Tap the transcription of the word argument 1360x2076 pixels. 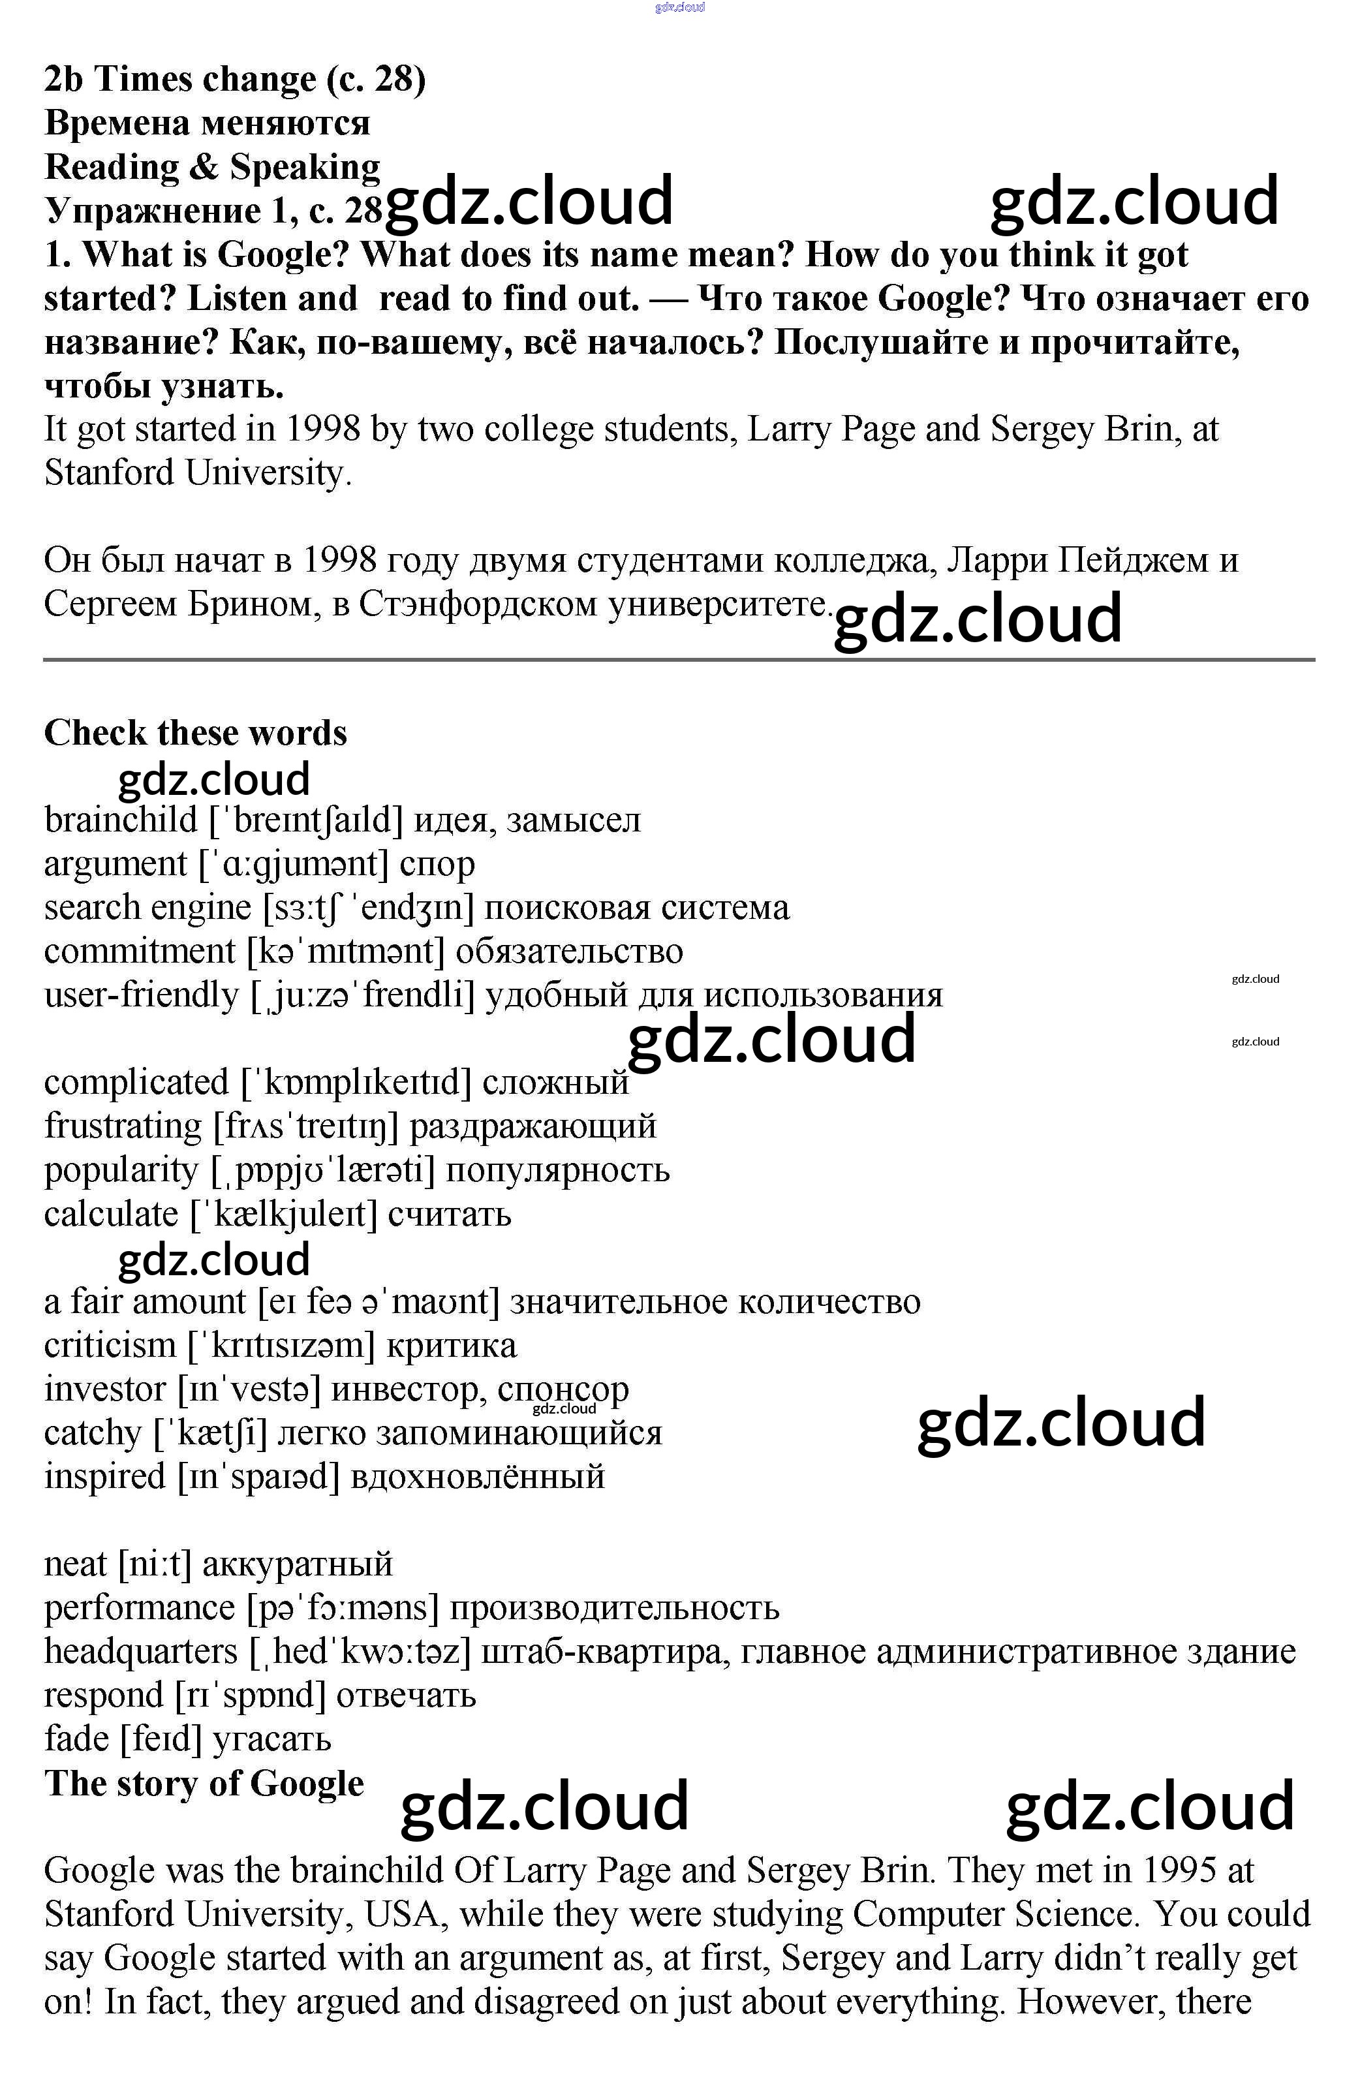[x=293, y=863]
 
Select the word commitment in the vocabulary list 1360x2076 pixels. [x=140, y=951]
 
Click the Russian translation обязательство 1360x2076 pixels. [x=569, y=951]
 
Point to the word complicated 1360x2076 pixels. [x=136, y=1083]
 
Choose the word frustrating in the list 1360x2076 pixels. [x=122, y=1126]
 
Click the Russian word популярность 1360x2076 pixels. [x=557, y=1170]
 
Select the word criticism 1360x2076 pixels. [x=110, y=1345]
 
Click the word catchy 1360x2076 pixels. [x=93, y=1433]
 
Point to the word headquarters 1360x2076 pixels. [x=140, y=1651]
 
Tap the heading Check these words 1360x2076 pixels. [x=195, y=733]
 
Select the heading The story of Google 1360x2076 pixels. [x=204, y=1783]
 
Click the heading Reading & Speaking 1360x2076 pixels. [x=212, y=166]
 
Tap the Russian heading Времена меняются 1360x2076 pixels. [x=207, y=123]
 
